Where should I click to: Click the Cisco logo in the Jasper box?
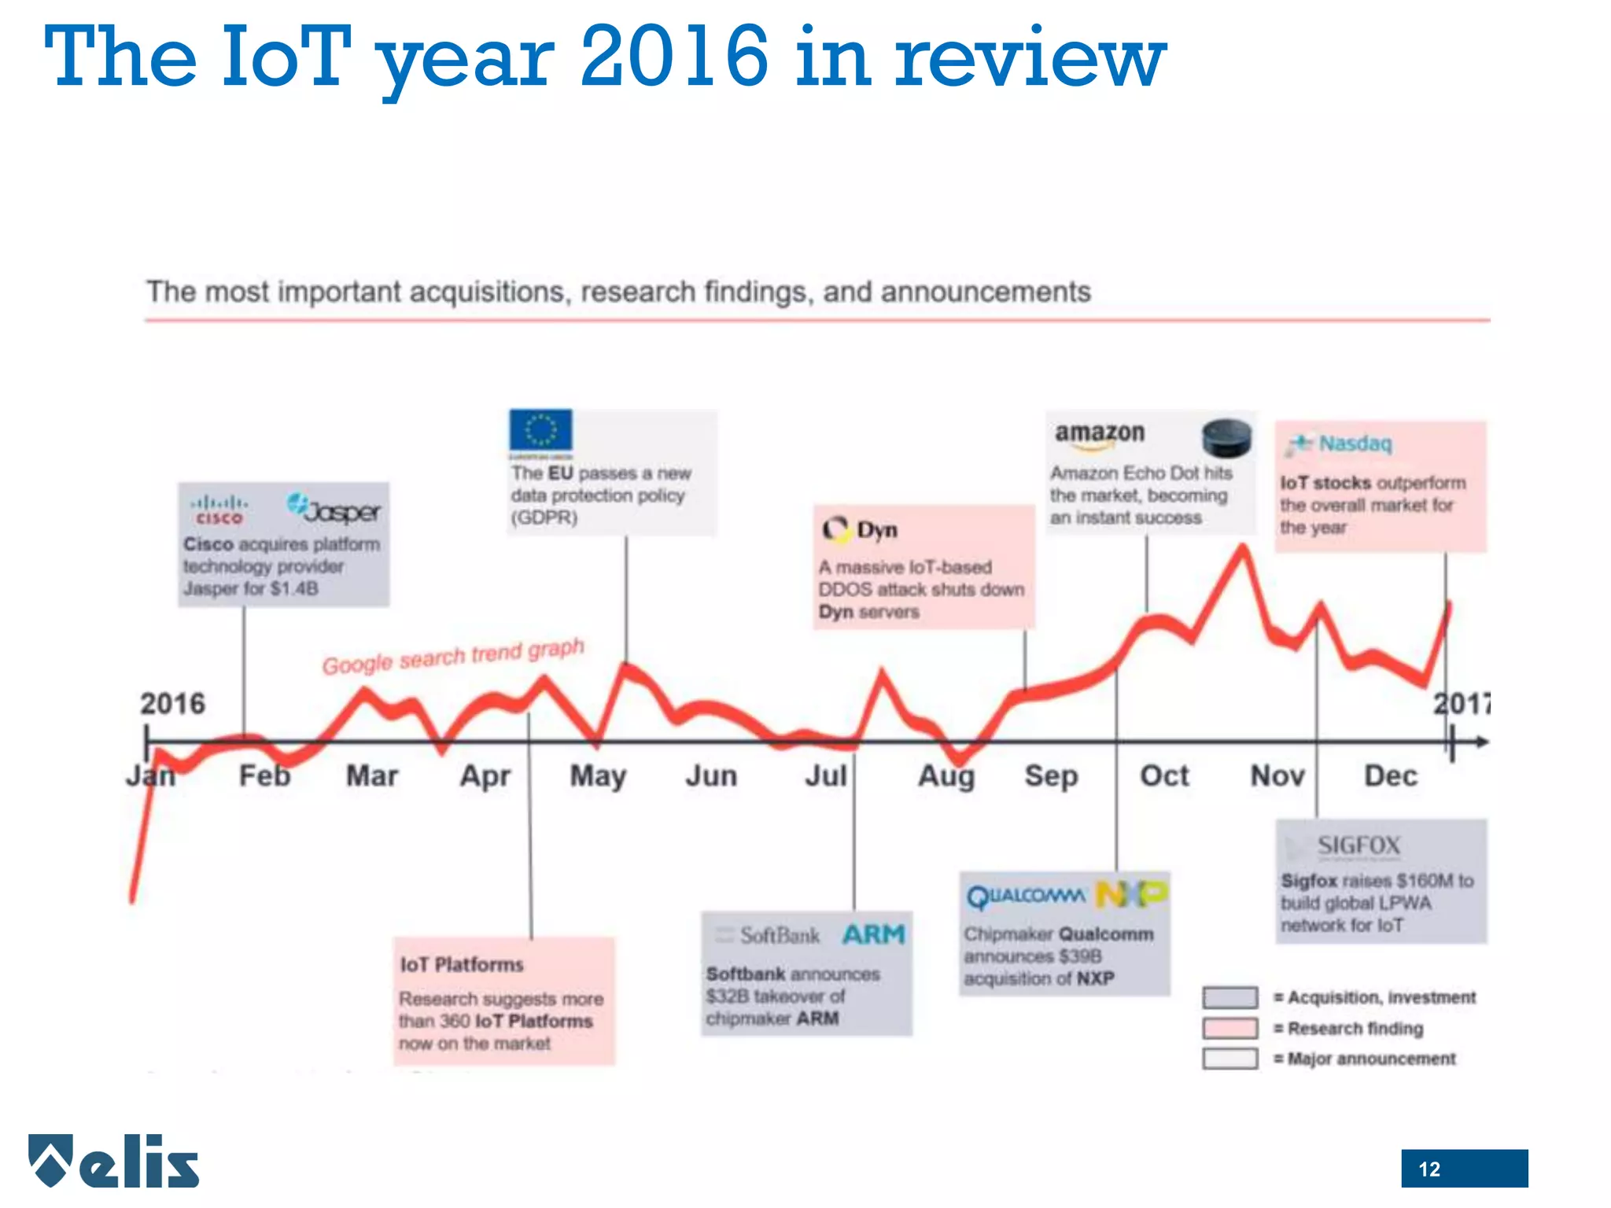219,510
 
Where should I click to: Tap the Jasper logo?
334,509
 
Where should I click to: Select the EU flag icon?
540,432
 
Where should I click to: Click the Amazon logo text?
1099,434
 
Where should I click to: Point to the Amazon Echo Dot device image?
1226,437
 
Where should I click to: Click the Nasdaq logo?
1340,444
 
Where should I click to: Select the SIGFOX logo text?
1358,845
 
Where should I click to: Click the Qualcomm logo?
1026,896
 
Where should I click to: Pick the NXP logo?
1131,894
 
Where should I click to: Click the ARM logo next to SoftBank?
873,934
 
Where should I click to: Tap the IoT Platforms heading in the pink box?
462,964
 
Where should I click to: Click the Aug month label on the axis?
946,776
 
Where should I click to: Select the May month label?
598,776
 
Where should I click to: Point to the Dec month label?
1390,776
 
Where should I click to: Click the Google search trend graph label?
453,657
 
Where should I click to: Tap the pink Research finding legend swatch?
1229,1028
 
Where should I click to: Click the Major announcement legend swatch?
1229,1059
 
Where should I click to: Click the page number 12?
1429,1169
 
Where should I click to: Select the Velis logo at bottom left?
114,1161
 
